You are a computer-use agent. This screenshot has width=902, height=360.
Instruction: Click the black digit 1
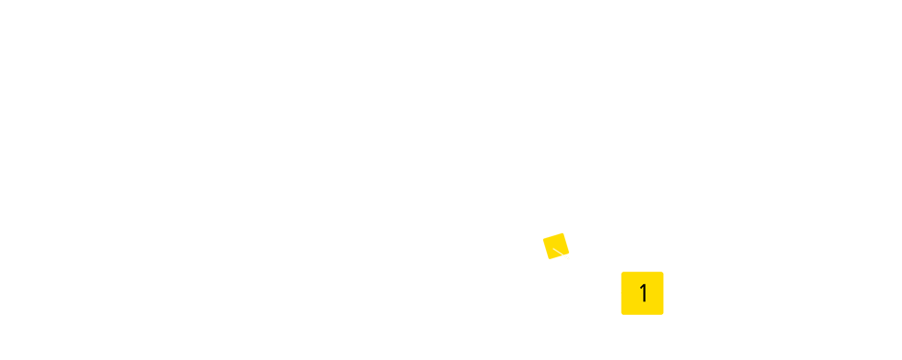pos(643,293)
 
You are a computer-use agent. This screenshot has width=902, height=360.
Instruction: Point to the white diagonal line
pos(560,253)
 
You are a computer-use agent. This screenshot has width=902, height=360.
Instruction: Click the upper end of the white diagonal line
pos(553,249)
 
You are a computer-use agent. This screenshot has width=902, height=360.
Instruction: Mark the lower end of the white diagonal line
pos(568,258)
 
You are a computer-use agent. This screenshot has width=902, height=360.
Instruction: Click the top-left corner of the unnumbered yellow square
pos(543,232)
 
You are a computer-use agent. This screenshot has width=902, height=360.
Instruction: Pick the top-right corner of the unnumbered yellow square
pos(569,232)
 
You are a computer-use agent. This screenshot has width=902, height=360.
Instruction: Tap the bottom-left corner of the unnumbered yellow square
pos(543,259)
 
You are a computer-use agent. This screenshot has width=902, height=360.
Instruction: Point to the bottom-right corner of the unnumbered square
pos(569,259)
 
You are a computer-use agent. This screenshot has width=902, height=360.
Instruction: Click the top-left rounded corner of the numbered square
pos(623,274)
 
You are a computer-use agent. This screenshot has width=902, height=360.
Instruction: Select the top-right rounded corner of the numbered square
pos(662,274)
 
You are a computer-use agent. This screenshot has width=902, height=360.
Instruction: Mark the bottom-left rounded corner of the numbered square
pos(623,313)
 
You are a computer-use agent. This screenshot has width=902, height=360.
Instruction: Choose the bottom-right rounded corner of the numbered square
pos(662,313)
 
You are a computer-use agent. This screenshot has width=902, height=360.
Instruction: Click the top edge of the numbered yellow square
pos(642,273)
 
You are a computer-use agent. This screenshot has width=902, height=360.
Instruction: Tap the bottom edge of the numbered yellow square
pos(642,314)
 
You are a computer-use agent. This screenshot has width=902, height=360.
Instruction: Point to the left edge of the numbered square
pos(622,293)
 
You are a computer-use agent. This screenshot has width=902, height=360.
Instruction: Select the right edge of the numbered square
pos(663,293)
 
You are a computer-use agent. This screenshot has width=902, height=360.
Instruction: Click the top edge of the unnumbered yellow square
pos(556,232)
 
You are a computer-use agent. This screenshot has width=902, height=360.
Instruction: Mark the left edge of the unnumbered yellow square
pos(543,246)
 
